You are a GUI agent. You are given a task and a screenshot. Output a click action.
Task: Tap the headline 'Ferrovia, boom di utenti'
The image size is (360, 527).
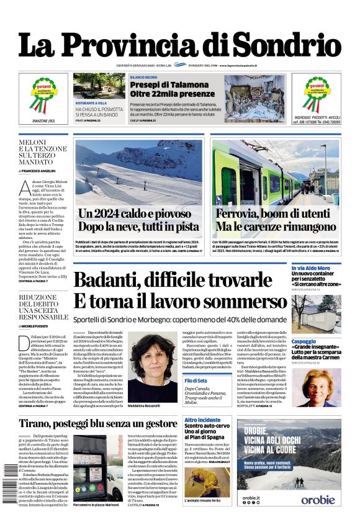point(276,214)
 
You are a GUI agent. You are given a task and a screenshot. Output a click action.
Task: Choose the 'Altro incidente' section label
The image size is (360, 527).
point(202,420)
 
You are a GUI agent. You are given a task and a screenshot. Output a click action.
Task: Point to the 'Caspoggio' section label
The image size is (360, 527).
point(304,341)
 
